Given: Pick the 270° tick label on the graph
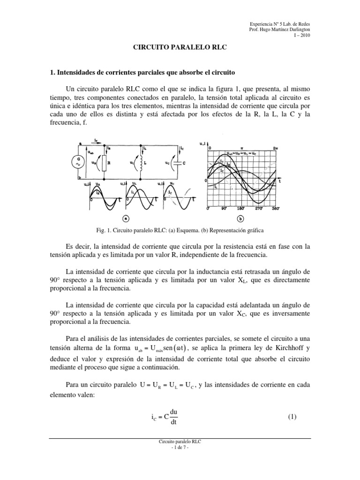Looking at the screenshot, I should pos(259,208).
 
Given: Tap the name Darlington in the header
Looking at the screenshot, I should pos(296,29).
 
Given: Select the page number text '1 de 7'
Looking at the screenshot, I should pos(180,447).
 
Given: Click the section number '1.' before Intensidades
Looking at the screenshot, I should pos(52,73).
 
